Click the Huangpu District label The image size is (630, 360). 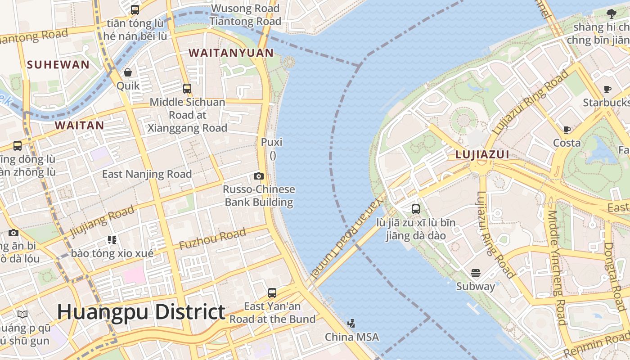(141, 312)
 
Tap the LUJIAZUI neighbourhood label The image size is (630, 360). (482, 155)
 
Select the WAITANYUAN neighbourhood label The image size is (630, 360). (231, 53)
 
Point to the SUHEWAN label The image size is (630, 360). (58, 65)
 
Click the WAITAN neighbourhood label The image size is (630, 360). (79, 126)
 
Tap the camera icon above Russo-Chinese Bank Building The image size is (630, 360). (258, 176)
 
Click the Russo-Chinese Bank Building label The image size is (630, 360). (259, 196)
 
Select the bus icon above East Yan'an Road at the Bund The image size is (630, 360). (272, 293)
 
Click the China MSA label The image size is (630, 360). (351, 337)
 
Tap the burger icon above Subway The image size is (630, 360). (476, 273)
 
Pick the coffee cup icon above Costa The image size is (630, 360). (567, 130)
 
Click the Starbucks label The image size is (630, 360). (606, 103)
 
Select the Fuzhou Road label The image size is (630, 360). (212, 239)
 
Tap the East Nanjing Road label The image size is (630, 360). (147, 174)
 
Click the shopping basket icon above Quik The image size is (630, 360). (128, 72)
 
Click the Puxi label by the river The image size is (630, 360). (272, 143)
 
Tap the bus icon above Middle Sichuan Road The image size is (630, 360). (187, 89)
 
